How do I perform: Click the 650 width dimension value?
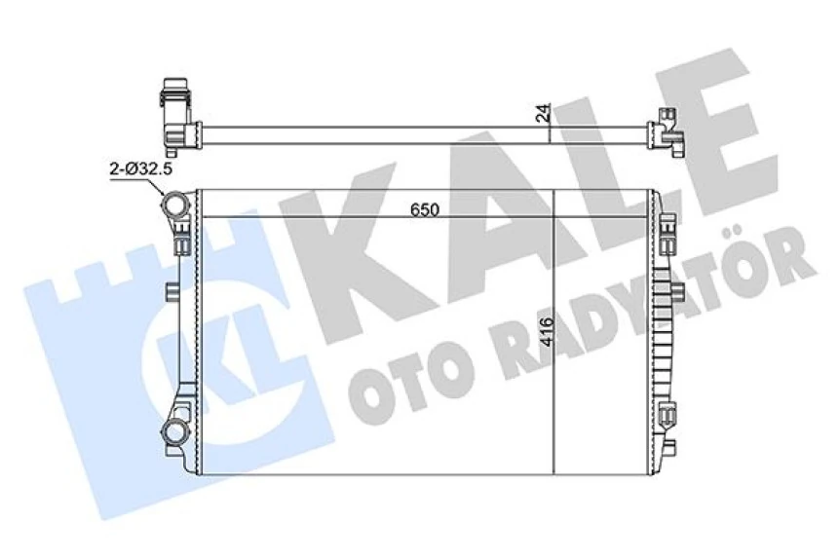coord(424,209)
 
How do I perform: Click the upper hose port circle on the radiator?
coord(175,206)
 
